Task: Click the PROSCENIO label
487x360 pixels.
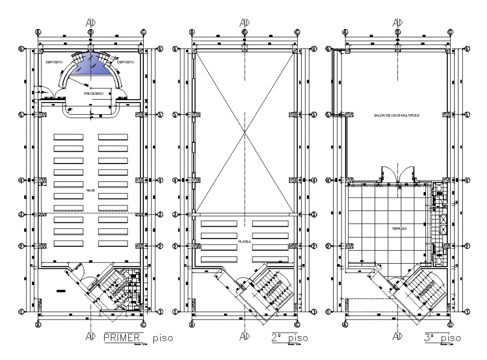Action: click(93, 94)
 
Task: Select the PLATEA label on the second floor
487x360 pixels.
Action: click(244, 241)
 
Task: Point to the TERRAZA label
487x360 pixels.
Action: click(399, 230)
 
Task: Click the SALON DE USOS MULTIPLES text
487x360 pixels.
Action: click(396, 115)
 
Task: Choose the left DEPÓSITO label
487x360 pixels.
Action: click(54, 62)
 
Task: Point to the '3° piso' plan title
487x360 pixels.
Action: click(442, 338)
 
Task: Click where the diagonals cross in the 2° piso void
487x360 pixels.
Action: click(244, 132)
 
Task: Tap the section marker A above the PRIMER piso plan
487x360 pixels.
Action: click(90, 23)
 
